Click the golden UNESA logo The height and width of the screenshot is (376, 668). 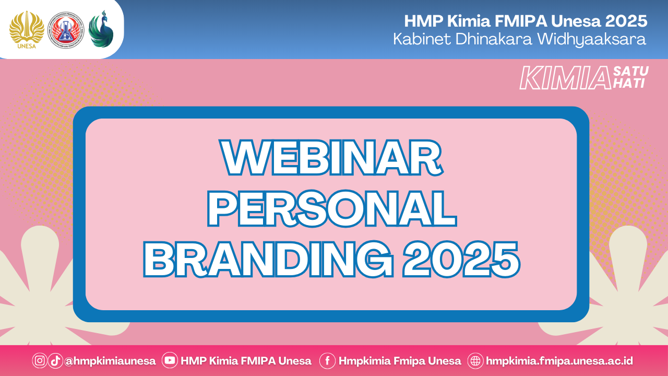coord(27,30)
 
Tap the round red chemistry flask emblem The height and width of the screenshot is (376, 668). coord(66,30)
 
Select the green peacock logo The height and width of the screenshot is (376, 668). coord(101,29)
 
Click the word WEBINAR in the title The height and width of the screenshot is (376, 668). coord(331,157)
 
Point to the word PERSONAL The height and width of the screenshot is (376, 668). coord(332,208)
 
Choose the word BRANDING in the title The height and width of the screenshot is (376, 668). coord(268,259)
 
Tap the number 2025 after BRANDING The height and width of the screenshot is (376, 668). coord(462,259)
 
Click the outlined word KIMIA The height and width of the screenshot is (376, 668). coord(566,78)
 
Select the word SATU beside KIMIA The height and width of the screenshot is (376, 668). coord(631,72)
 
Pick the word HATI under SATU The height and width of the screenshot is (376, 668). coord(629,84)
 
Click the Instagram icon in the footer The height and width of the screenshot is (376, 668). coord(40,360)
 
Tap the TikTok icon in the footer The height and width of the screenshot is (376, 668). coord(55,360)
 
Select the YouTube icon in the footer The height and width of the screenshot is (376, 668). coord(170,360)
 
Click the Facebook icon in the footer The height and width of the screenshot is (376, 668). coord(327,361)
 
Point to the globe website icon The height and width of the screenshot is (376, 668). coord(475,361)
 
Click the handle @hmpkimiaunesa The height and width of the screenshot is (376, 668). coord(110,361)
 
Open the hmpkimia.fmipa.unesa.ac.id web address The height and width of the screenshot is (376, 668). coord(559,361)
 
